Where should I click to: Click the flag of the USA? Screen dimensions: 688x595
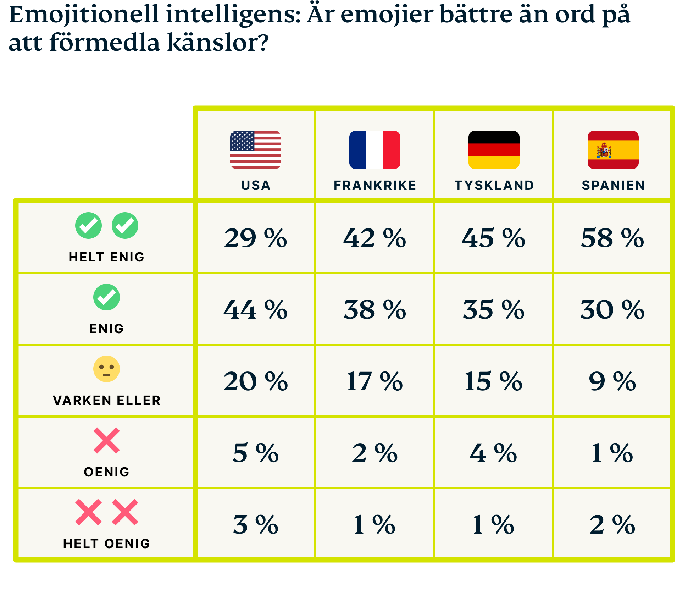tap(255, 150)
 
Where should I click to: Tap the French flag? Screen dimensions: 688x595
tap(374, 150)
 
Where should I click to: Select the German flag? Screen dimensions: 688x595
tap(494, 150)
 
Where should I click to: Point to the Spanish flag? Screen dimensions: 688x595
tap(613, 150)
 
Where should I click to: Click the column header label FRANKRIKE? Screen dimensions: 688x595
tap(375, 185)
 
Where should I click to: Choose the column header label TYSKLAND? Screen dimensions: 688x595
tap(494, 185)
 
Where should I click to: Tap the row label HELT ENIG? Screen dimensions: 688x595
tap(106, 257)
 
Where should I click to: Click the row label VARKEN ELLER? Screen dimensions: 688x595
tap(106, 400)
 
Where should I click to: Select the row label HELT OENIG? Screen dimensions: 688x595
tap(106, 544)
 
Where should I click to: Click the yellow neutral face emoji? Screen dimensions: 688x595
tap(106, 369)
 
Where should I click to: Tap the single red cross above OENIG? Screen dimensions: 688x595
tap(106, 440)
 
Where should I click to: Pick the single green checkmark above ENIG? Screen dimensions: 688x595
tap(106, 297)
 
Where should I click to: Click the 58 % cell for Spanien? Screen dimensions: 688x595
tap(612, 238)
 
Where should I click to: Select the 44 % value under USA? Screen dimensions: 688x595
tap(255, 310)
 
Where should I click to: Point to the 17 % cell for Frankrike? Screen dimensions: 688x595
tap(374, 381)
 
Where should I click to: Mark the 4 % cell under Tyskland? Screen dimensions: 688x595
tap(493, 453)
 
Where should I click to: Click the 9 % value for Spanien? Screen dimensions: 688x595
tap(612, 381)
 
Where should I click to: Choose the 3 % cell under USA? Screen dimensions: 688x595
tap(255, 525)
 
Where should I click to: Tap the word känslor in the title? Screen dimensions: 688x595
tap(217, 42)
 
